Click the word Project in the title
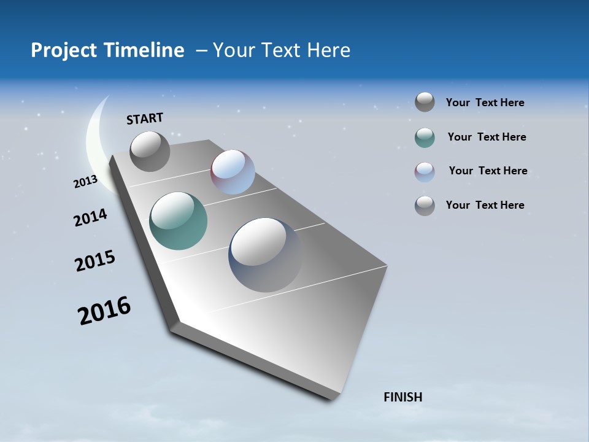pos(61,50)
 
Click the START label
pos(145,118)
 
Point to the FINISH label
pos(403,397)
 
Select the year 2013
pos(86,182)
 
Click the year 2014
pos(91,217)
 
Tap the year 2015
pos(95,261)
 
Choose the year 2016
pos(104,311)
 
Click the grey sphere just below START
pos(150,151)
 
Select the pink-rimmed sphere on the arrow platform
pos(233,172)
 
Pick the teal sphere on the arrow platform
pos(178,221)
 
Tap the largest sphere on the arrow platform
pos(266,255)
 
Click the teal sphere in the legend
pos(425,138)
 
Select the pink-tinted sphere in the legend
pos(425,172)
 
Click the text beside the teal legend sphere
pos(487,137)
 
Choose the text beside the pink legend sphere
pos(488,171)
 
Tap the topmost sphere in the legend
pos(425,102)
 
